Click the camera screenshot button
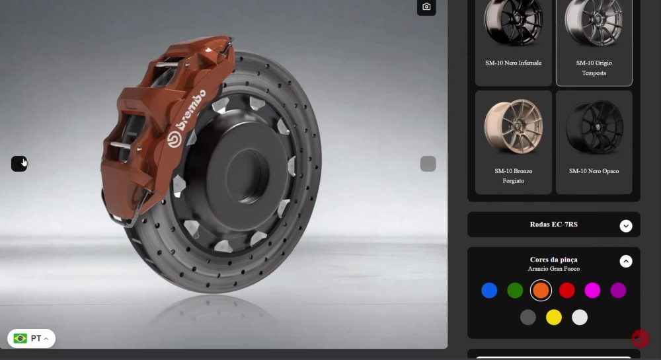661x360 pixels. click(x=426, y=7)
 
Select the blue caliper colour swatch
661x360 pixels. click(x=489, y=291)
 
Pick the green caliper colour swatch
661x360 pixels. click(x=515, y=291)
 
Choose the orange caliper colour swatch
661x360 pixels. click(x=541, y=291)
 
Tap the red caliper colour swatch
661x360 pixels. click(x=566, y=291)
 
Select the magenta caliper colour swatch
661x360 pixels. click(x=592, y=291)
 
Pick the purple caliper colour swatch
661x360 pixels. click(x=618, y=291)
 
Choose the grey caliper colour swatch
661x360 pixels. click(x=527, y=317)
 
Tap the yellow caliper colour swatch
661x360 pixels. click(x=553, y=317)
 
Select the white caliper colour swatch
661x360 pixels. click(x=580, y=317)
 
